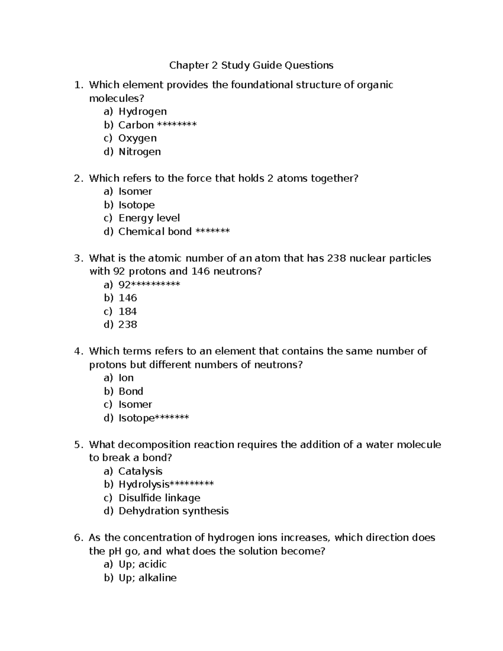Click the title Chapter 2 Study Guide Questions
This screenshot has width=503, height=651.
pos(251,65)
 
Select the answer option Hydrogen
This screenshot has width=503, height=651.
pos(143,112)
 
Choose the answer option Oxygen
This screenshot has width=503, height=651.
pos(137,138)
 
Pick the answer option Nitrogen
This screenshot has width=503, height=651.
pos(140,151)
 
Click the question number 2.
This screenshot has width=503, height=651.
pos(77,178)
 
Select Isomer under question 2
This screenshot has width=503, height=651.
pos(135,192)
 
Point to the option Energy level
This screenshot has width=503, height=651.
pos(149,218)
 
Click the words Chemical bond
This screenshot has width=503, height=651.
pos(155,231)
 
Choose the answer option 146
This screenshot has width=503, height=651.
pos(128,298)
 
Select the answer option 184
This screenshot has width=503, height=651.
pos(128,311)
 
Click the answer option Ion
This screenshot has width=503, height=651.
pos(126,378)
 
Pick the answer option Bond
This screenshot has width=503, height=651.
pos(131,391)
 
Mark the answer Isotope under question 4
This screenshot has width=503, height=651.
pos(137,418)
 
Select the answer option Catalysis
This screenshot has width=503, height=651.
pos(140,471)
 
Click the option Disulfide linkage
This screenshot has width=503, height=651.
pos(159,498)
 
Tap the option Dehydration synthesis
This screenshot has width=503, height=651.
pos(174,511)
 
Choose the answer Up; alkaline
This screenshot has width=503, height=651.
pos(148,578)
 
